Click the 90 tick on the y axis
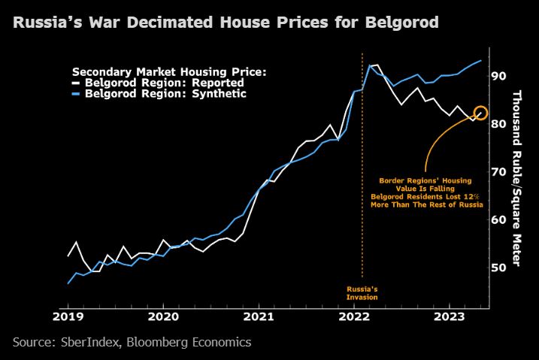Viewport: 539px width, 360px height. (x=498, y=76)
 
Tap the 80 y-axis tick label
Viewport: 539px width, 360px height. (x=498, y=124)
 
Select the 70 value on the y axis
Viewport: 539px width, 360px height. (x=498, y=172)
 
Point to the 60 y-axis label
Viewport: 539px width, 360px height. (x=498, y=220)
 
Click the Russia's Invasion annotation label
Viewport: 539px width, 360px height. (x=362, y=293)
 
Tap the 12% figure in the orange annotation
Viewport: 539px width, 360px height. (x=471, y=195)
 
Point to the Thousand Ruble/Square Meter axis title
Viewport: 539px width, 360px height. (x=517, y=177)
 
